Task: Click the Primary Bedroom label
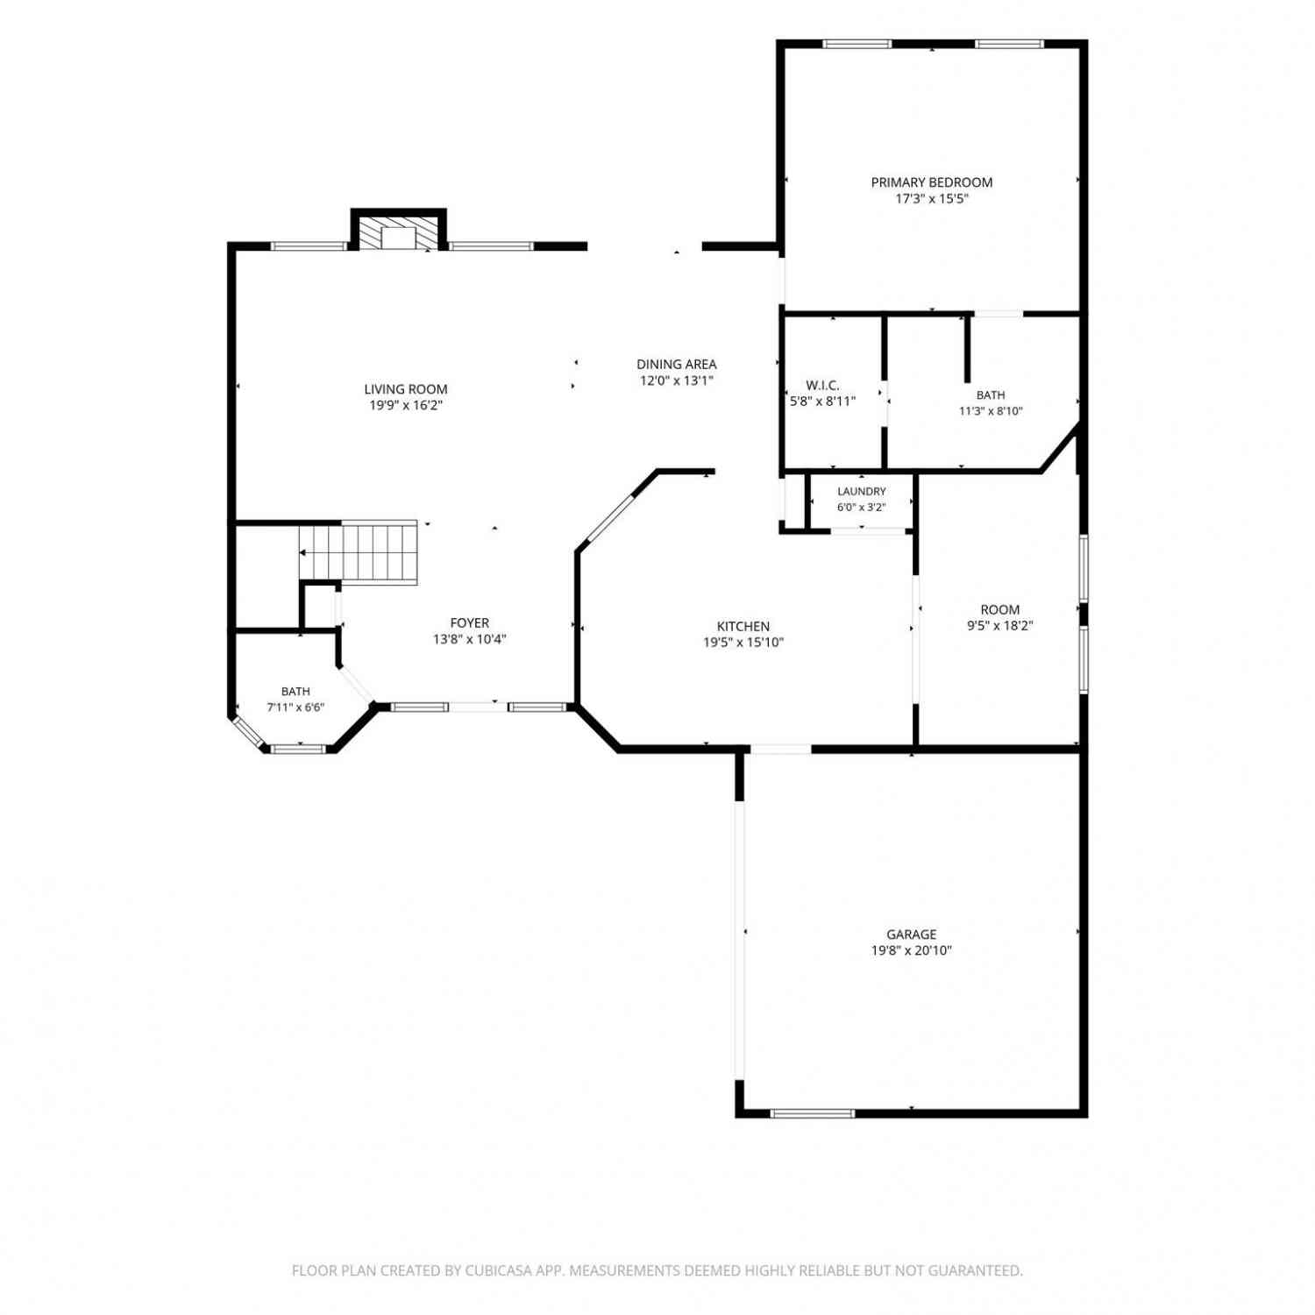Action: pos(931,182)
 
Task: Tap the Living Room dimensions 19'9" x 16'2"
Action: pos(406,405)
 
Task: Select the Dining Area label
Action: pos(676,364)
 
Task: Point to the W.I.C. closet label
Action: pos(822,386)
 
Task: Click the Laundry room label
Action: pos(861,492)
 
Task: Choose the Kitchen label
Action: pos(743,626)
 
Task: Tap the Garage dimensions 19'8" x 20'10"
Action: pos(912,950)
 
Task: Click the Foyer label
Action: pos(469,623)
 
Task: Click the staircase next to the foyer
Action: pos(358,552)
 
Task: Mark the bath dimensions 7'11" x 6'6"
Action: pos(295,707)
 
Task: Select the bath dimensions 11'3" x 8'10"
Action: pos(991,411)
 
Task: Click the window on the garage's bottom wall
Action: pos(812,1113)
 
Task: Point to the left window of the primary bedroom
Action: pos(857,44)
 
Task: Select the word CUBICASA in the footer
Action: pos(498,1270)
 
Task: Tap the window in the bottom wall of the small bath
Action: pos(299,749)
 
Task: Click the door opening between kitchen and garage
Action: pos(780,749)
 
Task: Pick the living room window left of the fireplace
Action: pos(309,246)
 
